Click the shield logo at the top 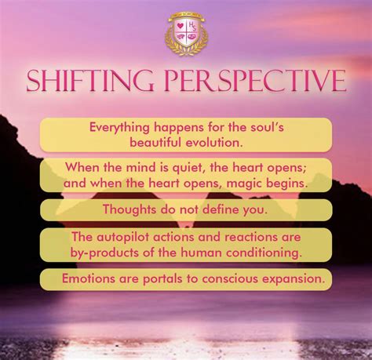point(186,35)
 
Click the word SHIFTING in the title point(89,82)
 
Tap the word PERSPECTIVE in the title point(255,82)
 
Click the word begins point(284,182)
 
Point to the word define point(211,209)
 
